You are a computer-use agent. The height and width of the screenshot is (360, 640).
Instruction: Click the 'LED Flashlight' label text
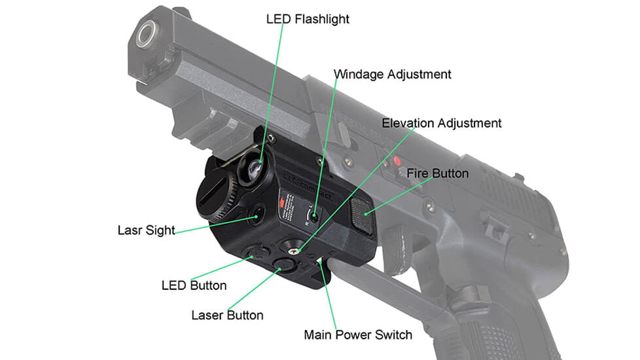[308, 19]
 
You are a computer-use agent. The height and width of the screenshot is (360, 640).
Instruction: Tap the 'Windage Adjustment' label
[393, 74]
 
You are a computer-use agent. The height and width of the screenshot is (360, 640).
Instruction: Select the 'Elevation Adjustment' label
[442, 123]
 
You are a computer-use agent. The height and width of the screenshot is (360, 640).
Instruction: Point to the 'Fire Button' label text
[437, 173]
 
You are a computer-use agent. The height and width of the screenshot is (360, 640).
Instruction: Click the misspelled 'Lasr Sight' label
[146, 230]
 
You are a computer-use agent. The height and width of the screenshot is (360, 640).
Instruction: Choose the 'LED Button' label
[194, 285]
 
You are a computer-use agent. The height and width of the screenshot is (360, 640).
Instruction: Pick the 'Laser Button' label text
[227, 315]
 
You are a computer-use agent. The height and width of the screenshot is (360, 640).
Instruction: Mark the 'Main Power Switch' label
[358, 335]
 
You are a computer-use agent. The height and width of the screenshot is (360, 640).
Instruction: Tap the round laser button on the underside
[284, 264]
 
